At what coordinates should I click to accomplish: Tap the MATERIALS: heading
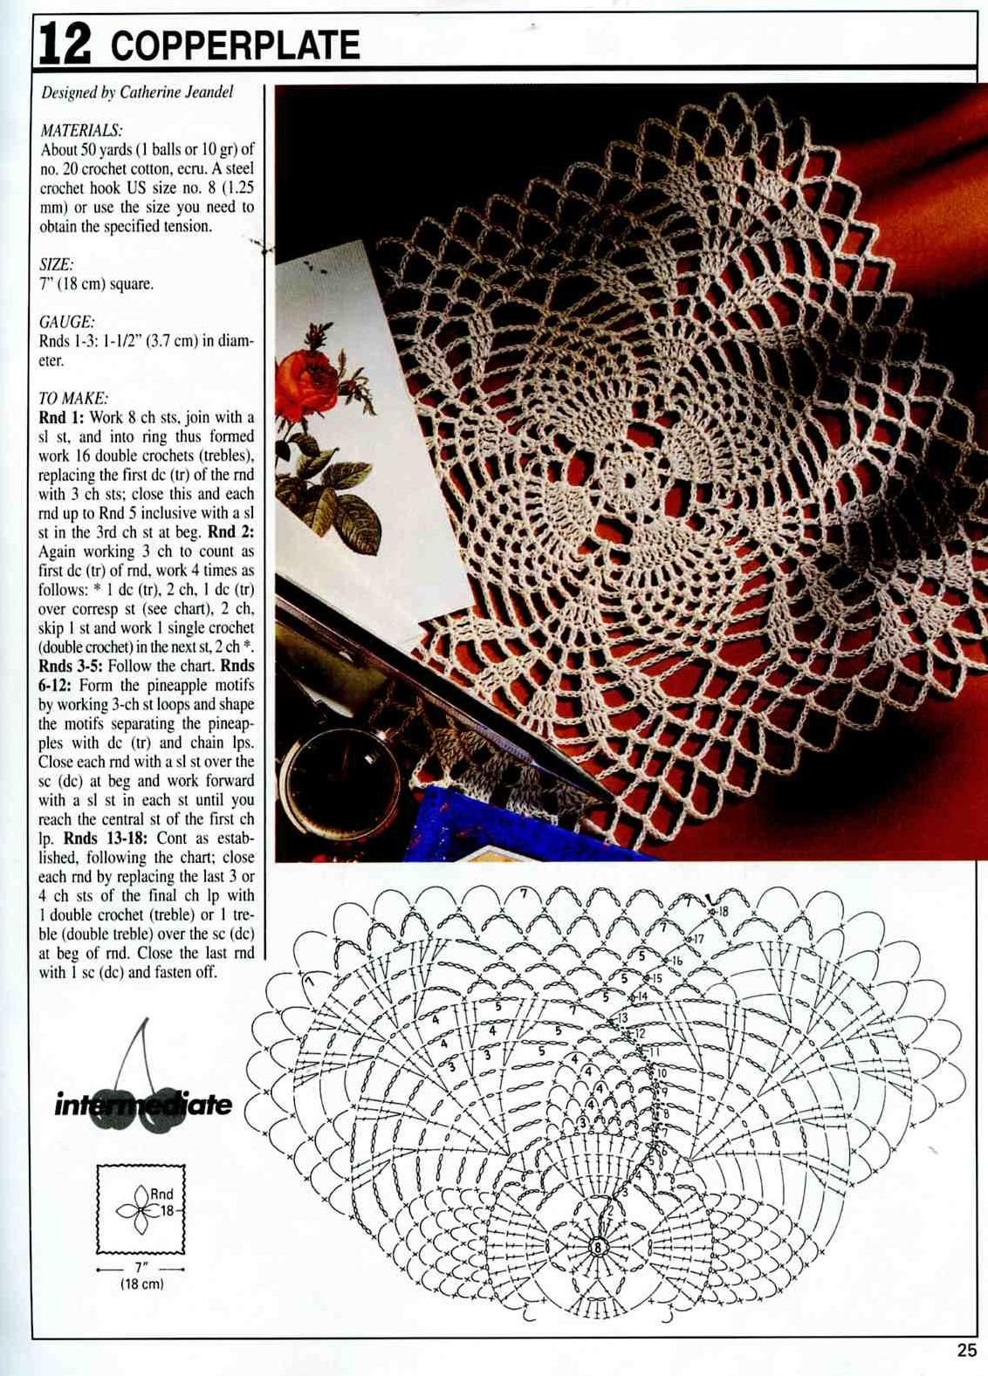tap(81, 130)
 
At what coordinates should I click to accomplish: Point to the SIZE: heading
tap(57, 264)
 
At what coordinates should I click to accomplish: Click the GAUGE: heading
tap(66, 321)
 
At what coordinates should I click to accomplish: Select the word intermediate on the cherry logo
tap(143, 1105)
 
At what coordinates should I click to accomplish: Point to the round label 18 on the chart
tap(724, 911)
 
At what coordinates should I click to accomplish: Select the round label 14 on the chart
tap(642, 996)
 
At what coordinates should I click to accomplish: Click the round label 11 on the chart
tap(655, 1051)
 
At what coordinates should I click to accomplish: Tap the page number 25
tap(965, 1351)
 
